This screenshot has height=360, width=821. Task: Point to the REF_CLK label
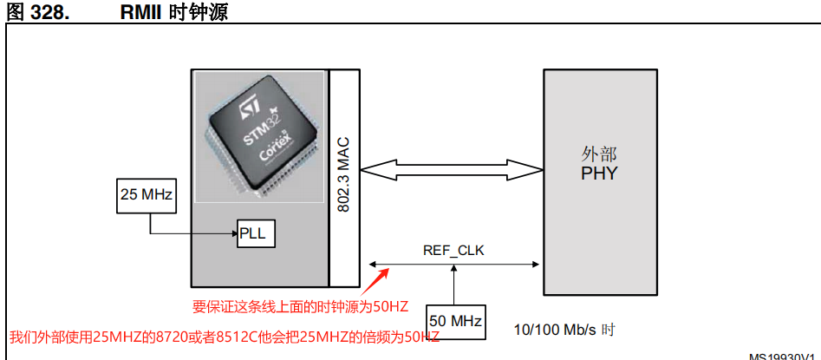click(453, 251)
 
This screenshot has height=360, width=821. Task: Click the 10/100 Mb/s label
click(557, 330)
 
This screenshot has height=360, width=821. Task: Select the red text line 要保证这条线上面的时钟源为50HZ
click(301, 305)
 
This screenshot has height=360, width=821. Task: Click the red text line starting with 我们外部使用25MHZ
click(224, 337)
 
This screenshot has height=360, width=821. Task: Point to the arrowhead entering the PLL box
click(234, 234)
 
